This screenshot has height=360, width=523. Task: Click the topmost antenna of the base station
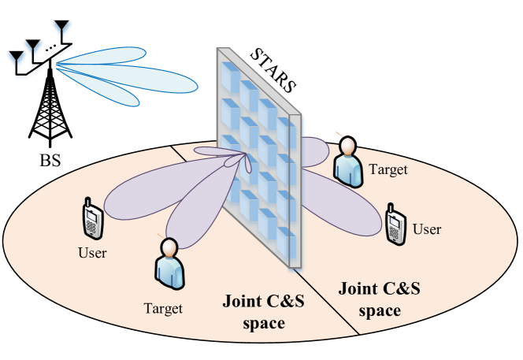59,30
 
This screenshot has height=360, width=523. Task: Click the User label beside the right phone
427,229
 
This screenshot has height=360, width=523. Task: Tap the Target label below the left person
163,309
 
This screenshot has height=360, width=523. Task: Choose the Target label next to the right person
388,169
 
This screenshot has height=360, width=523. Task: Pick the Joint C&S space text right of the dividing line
379,299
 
